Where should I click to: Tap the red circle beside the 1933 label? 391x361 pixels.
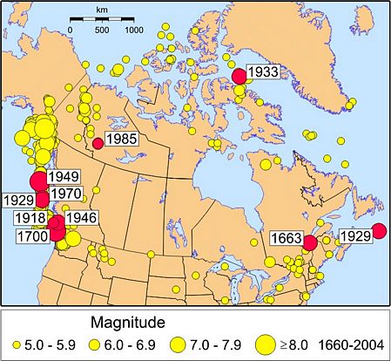[x=239, y=77]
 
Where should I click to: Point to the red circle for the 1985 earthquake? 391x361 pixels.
[x=98, y=143]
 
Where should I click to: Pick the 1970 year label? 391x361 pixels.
[x=64, y=192]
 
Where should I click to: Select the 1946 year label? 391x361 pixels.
[x=81, y=216]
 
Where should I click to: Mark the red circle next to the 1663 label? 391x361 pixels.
[x=308, y=242]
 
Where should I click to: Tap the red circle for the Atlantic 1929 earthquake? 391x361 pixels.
[x=378, y=231]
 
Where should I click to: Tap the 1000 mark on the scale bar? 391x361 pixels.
[x=132, y=30]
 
